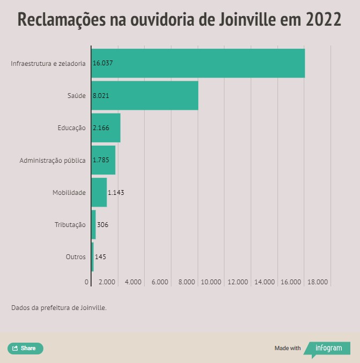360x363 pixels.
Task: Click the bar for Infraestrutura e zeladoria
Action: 198,63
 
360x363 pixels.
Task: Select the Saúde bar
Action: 145,95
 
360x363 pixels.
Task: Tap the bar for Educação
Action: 106,128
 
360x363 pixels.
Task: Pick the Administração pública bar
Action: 103,160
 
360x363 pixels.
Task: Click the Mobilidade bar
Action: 99,192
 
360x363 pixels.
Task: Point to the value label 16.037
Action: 103,63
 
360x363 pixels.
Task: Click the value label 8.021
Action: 101,95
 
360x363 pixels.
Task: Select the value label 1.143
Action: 116,193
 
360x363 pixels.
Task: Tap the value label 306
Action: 102,225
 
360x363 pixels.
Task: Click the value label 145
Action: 100,257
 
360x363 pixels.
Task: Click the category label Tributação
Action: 70,225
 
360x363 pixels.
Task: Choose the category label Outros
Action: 76,257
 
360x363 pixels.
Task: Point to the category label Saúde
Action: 76,95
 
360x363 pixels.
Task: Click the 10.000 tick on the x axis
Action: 212,282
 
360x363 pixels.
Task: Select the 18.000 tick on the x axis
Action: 318,282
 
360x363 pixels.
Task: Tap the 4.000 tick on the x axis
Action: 133,282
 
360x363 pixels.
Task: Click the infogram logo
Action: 328,348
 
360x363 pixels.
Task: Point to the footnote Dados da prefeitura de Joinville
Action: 59,308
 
